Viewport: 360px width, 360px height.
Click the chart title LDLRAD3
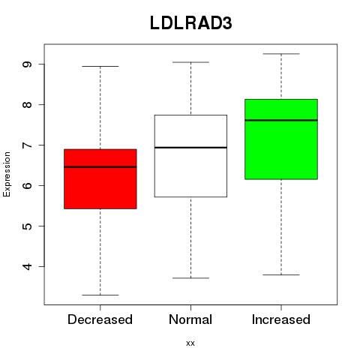click(x=191, y=23)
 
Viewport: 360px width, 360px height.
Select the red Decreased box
click(x=100, y=179)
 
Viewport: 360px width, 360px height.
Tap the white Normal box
click(x=190, y=156)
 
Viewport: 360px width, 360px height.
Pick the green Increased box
click(x=281, y=139)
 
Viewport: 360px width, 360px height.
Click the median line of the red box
click(x=100, y=166)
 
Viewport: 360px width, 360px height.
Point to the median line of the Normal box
click(x=190, y=148)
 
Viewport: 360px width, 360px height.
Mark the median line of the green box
click(x=281, y=120)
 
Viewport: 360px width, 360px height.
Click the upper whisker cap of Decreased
click(x=100, y=66)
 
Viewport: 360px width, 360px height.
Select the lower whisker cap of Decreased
click(x=100, y=295)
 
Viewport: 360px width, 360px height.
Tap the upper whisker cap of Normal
click(x=190, y=62)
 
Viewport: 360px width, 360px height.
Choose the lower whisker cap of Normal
click(x=190, y=278)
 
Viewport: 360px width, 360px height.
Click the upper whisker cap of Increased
click(x=281, y=54)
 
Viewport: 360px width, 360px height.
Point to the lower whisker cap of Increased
click(x=281, y=274)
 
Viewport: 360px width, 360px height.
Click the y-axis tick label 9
click(x=27, y=64)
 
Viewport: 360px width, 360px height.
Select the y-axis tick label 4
click(x=27, y=266)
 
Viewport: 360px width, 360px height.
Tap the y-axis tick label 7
click(x=27, y=145)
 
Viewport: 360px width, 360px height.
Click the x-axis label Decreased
click(x=100, y=319)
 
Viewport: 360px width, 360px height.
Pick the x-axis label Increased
click(x=281, y=319)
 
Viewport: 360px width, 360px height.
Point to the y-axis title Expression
click(x=7, y=174)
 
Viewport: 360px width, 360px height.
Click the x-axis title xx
click(x=190, y=343)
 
